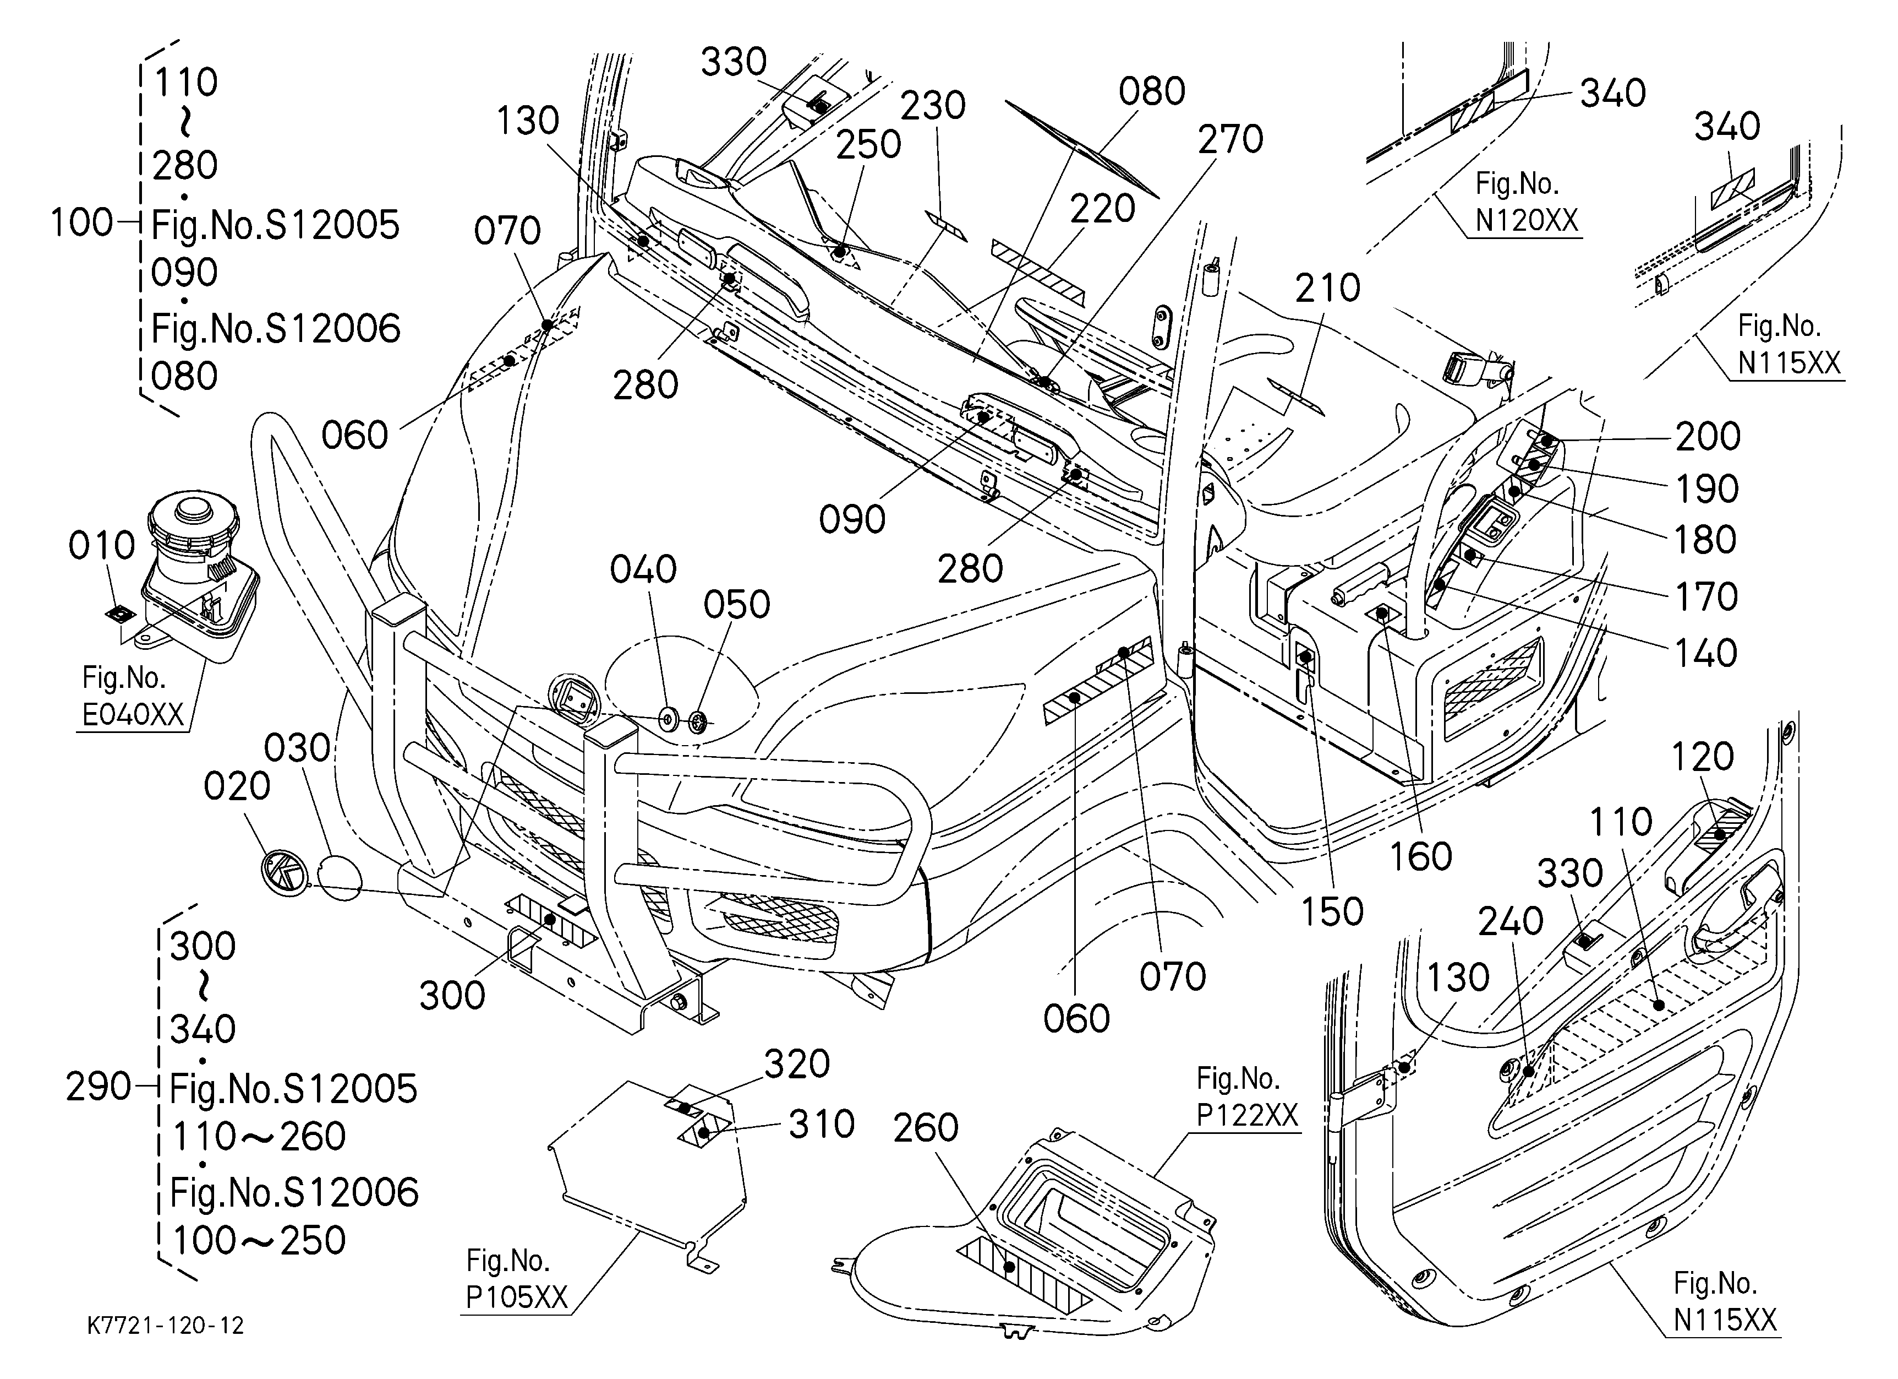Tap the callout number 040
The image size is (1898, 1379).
(643, 570)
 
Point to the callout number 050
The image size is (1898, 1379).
(736, 605)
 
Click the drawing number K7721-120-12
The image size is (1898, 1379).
(166, 1326)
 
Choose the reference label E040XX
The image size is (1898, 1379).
(133, 714)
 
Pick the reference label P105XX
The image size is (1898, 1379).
(516, 1297)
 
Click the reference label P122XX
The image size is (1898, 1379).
(1247, 1115)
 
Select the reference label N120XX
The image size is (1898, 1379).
(1527, 221)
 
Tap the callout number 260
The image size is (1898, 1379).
(926, 1128)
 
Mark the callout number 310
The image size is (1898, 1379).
(822, 1125)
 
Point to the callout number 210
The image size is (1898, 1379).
(1328, 289)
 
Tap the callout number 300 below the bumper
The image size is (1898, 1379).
(452, 996)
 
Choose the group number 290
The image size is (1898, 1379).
(99, 1088)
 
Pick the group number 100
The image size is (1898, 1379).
(81, 224)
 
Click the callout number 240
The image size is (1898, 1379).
(1511, 922)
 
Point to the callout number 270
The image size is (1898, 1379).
(1230, 140)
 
